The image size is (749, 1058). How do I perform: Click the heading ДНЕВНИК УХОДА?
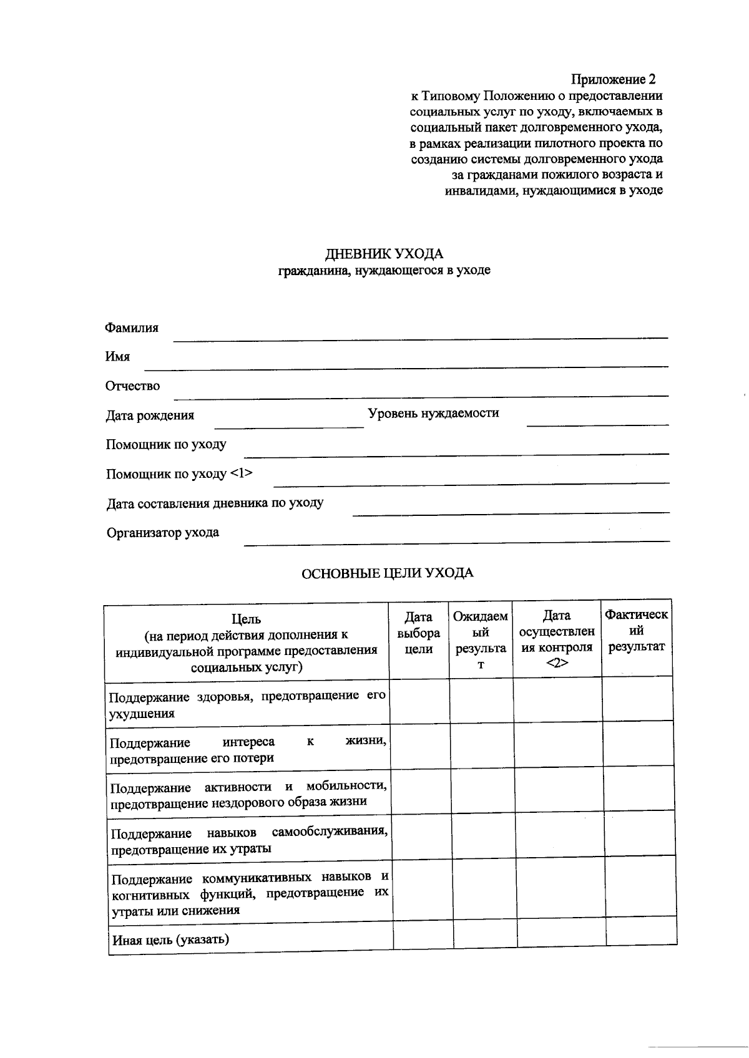point(384,254)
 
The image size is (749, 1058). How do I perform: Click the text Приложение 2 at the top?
point(614,80)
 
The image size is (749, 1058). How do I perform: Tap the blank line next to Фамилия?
point(419,337)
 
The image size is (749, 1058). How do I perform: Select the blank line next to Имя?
point(406,366)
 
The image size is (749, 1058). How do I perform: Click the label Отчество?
point(132,386)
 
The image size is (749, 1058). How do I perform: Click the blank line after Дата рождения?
point(288,426)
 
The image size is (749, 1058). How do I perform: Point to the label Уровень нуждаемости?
point(433,413)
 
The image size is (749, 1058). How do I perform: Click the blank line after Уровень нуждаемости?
point(597,424)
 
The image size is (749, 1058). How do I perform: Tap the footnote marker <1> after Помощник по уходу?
point(242,473)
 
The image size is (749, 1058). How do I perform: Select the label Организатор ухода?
point(162,533)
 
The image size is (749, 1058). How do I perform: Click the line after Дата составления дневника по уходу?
point(511,513)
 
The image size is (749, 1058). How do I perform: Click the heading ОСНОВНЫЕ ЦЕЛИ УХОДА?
point(387,573)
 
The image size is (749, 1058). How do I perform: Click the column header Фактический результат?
point(636,631)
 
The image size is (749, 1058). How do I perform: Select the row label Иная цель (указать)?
point(170,939)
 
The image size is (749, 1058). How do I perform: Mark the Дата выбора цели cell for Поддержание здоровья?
point(420,701)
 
